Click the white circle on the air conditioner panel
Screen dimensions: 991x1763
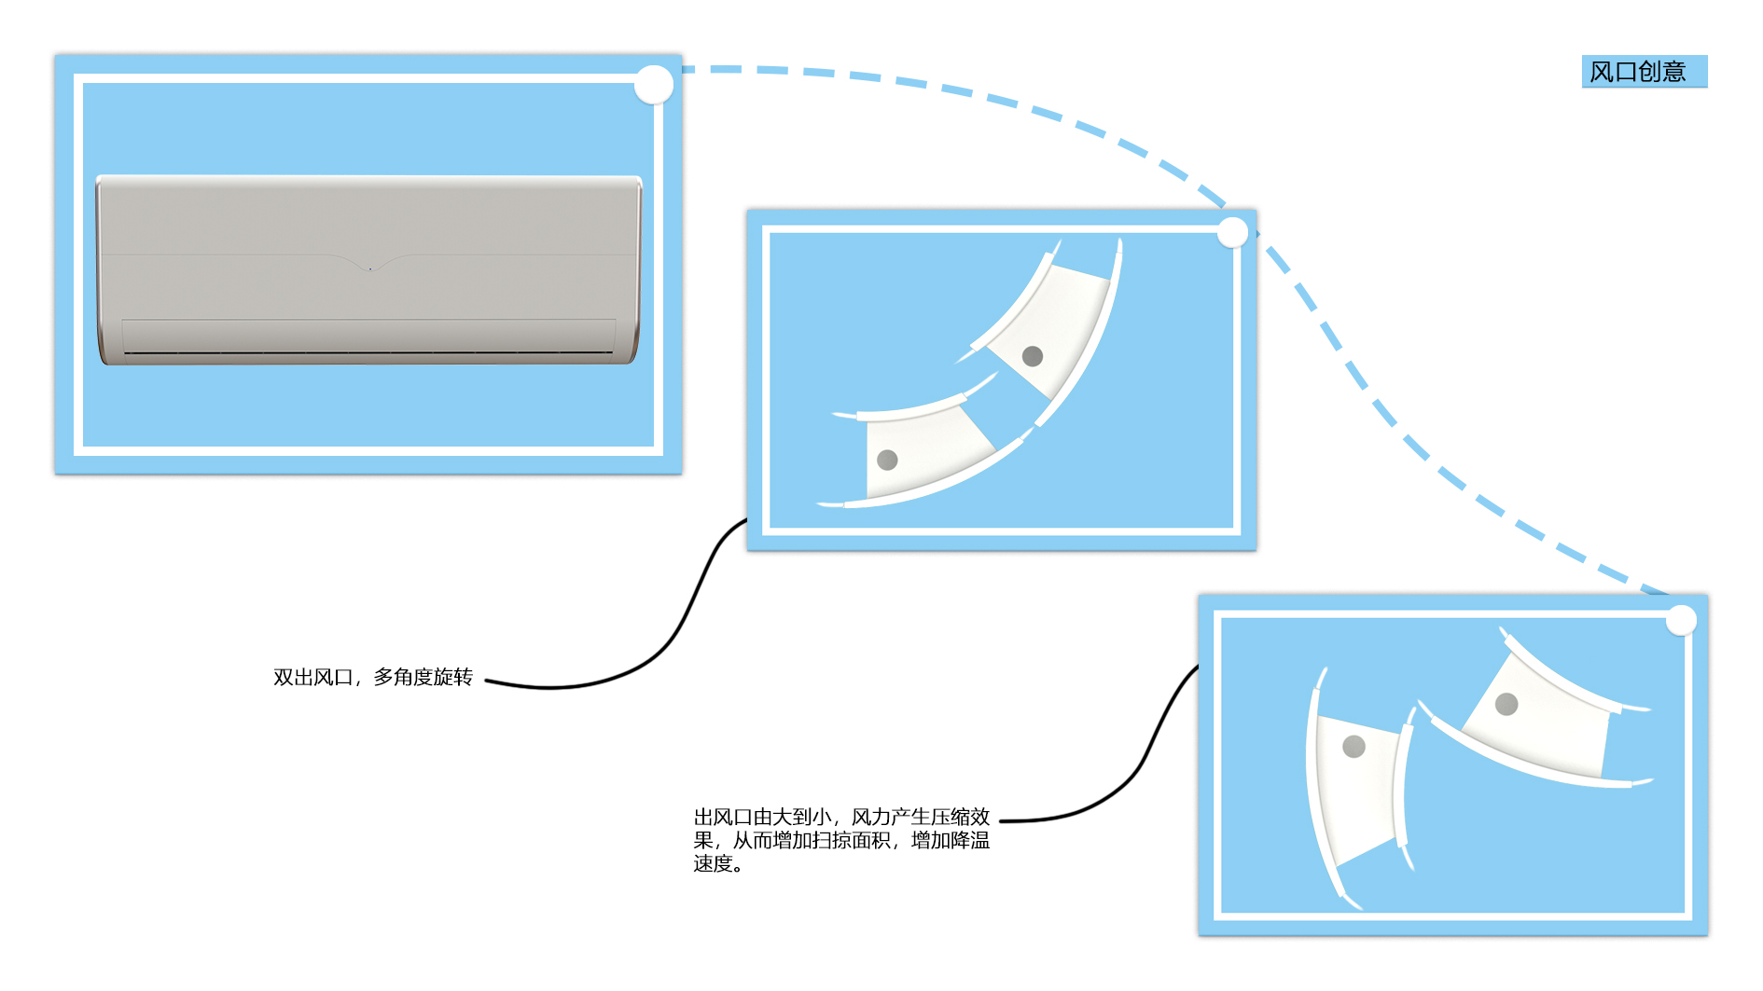pyautogui.click(x=654, y=85)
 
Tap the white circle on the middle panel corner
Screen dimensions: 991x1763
pyautogui.click(x=1232, y=232)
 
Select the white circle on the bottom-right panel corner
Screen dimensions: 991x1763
pyautogui.click(x=1681, y=620)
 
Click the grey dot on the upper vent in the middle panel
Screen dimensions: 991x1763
pyautogui.click(x=1032, y=356)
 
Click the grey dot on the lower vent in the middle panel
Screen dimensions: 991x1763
pyautogui.click(x=887, y=460)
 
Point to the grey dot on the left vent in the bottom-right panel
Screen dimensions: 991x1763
pyautogui.click(x=1353, y=746)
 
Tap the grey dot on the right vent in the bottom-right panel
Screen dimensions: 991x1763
pyautogui.click(x=1506, y=704)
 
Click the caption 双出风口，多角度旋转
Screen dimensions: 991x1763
pyautogui.click(x=373, y=678)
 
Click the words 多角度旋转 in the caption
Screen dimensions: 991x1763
pyautogui.click(x=423, y=678)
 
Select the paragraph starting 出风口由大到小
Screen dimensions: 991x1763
pyautogui.click(x=840, y=840)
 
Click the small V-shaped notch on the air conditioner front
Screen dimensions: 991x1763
pyautogui.click(x=370, y=267)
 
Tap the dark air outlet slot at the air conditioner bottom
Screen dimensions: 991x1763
pyautogui.click(x=368, y=352)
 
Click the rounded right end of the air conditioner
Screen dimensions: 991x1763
pyautogui.click(x=636, y=270)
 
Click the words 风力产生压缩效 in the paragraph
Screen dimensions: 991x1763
pyautogui.click(x=920, y=817)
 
